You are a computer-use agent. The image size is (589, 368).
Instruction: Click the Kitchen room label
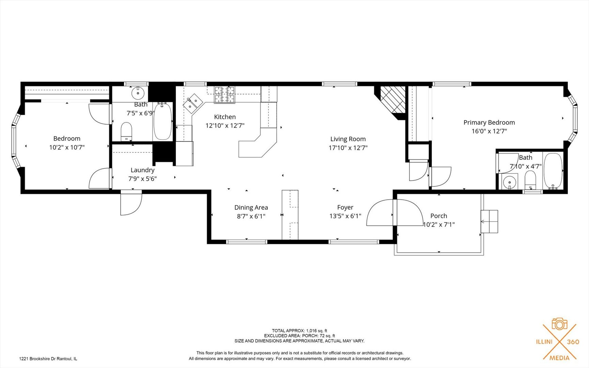click(225, 117)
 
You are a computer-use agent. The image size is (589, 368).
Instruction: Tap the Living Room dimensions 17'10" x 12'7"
click(348, 148)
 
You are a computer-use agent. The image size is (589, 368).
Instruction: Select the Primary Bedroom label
click(489, 122)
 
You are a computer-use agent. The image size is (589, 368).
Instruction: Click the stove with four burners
click(224, 94)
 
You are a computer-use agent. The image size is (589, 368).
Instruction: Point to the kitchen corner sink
click(193, 103)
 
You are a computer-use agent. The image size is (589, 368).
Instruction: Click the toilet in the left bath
click(126, 131)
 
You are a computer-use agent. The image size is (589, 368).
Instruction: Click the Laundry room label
click(142, 170)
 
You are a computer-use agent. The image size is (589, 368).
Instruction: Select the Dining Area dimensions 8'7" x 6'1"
click(251, 216)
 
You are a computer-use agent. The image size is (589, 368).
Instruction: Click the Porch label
click(438, 216)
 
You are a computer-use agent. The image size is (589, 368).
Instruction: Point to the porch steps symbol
click(489, 221)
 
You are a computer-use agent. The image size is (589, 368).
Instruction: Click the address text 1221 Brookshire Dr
click(48, 358)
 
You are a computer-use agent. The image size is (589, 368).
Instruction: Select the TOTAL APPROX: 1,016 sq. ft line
click(299, 331)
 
